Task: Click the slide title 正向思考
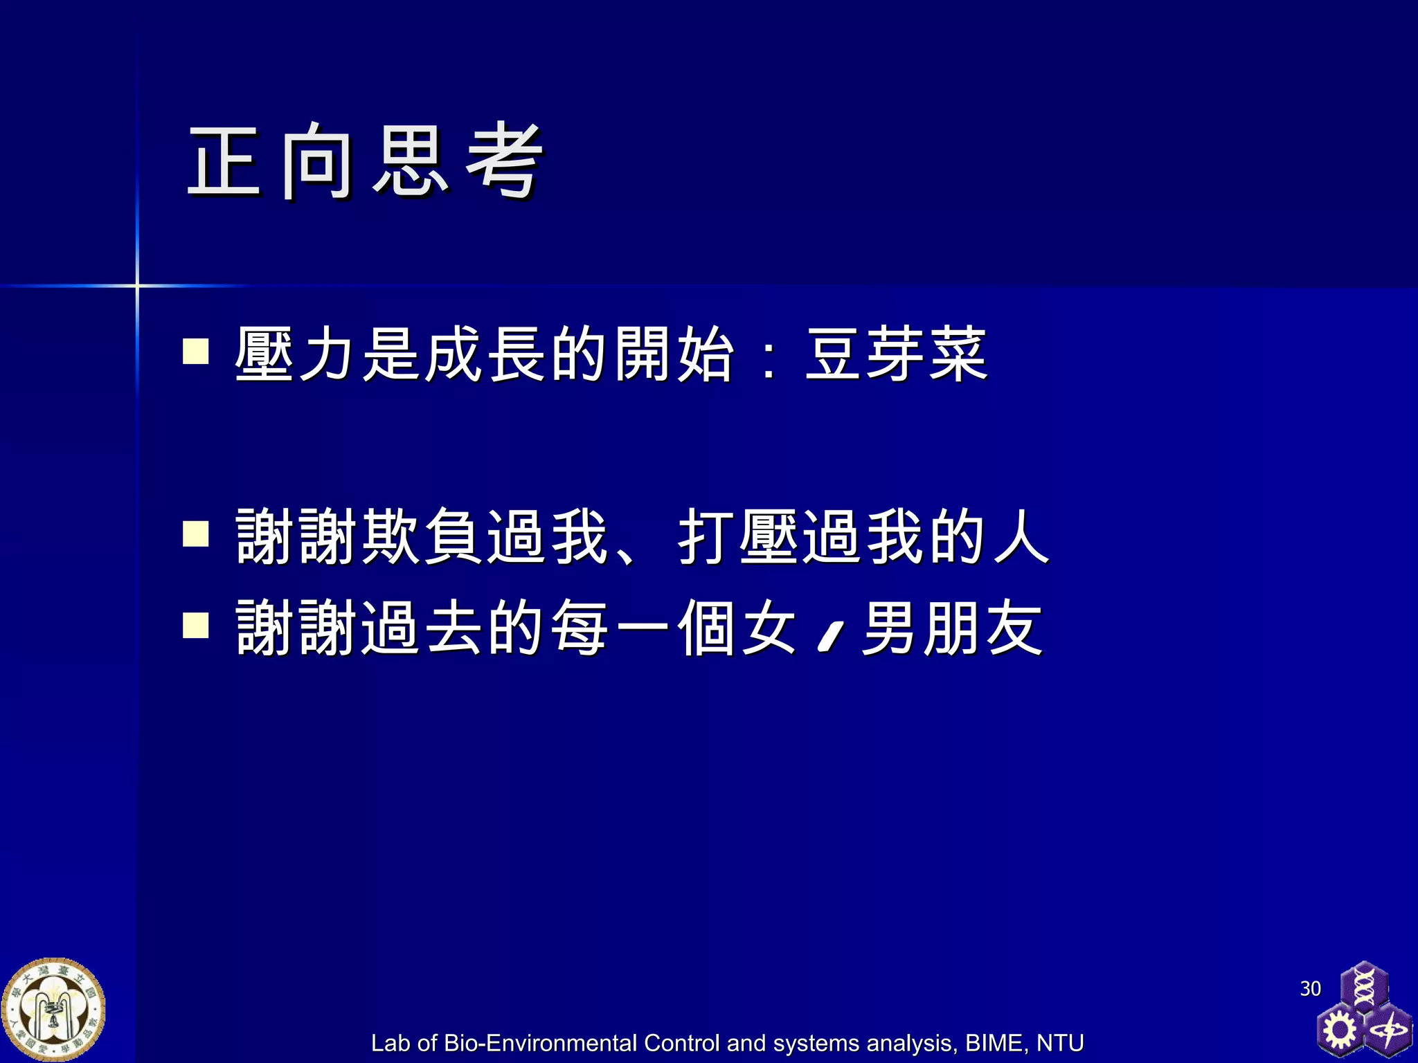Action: tap(365, 161)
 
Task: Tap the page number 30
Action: tap(1310, 988)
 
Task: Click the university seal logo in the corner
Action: tap(53, 1010)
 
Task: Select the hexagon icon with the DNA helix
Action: tap(1363, 986)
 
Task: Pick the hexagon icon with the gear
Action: tap(1339, 1030)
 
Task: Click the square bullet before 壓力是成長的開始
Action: tap(196, 351)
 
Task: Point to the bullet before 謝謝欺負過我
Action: tap(196, 534)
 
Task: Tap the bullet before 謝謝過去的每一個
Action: tap(196, 625)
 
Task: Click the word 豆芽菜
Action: tap(896, 354)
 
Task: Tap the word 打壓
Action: tap(738, 536)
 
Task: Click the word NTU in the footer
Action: tap(1059, 1043)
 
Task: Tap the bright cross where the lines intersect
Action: tap(137, 285)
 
